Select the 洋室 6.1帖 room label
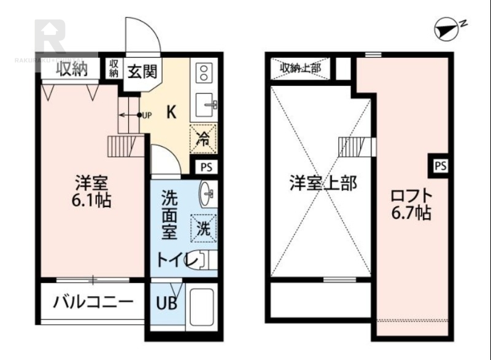[x=93, y=191]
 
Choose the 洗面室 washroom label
[x=169, y=215]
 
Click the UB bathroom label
[x=164, y=303]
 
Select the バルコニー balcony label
[x=92, y=302]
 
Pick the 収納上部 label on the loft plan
[x=301, y=68]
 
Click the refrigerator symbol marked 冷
[x=204, y=138]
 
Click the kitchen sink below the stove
[x=203, y=105]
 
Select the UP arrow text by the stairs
[x=147, y=115]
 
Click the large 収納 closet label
[x=72, y=69]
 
